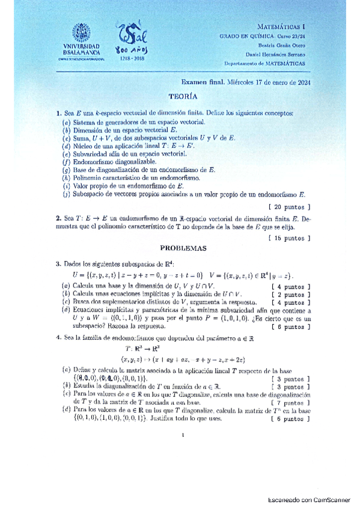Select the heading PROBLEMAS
pyautogui.click(x=183, y=247)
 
